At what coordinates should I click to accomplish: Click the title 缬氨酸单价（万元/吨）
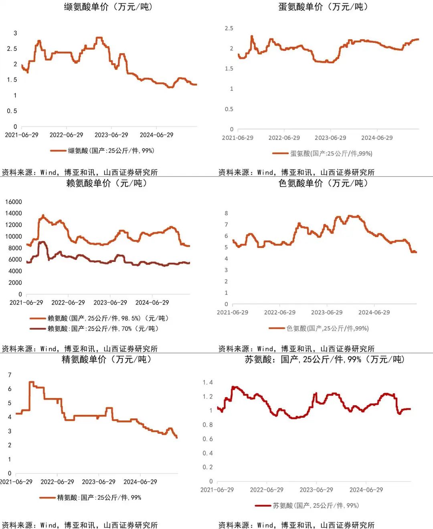(x=109, y=7)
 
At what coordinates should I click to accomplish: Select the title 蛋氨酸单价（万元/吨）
(x=323, y=7)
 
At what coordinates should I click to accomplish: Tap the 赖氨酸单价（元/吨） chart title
(x=107, y=183)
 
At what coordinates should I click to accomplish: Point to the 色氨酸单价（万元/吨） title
(x=323, y=183)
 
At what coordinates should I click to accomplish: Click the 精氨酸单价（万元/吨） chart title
(x=107, y=359)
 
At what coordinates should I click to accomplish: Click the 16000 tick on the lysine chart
(x=13, y=202)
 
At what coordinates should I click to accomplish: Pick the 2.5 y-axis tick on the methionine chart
(x=229, y=28)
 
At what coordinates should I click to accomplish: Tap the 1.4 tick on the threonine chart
(x=208, y=382)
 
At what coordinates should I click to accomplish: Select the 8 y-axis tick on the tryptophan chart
(x=226, y=213)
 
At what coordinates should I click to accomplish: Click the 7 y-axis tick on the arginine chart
(x=10, y=375)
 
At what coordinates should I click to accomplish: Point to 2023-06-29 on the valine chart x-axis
(x=111, y=135)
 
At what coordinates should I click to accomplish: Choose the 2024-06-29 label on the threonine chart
(x=366, y=490)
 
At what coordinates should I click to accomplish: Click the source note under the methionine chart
(x=296, y=172)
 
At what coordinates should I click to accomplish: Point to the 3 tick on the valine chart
(x=15, y=33)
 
